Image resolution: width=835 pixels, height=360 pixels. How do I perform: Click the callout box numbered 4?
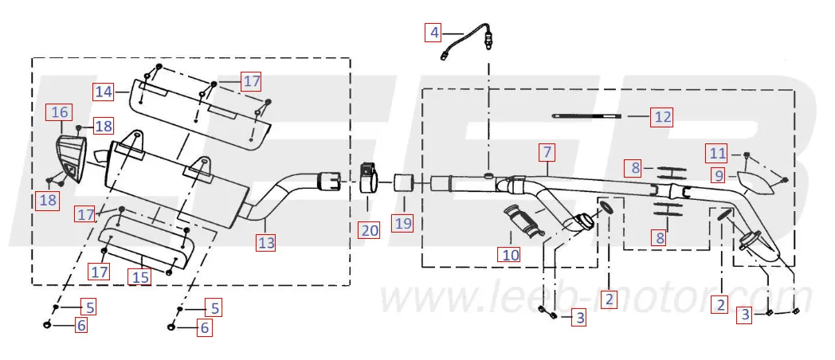(x=434, y=33)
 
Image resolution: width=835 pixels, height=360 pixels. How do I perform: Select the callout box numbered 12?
(x=661, y=116)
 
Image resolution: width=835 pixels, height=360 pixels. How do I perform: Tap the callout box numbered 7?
(x=547, y=153)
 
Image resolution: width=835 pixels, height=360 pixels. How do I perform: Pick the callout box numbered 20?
(x=370, y=230)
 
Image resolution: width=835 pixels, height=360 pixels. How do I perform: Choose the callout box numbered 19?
(x=404, y=223)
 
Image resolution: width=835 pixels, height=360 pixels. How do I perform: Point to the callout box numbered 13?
(x=266, y=243)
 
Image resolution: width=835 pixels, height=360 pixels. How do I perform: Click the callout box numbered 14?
(x=104, y=92)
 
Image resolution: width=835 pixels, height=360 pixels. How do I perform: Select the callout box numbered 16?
(x=61, y=112)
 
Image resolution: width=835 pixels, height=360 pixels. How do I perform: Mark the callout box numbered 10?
(x=510, y=255)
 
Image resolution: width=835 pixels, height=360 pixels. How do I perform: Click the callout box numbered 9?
(x=719, y=175)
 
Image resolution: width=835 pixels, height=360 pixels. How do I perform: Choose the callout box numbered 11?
(x=718, y=154)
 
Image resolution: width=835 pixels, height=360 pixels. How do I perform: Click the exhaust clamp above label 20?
(x=370, y=178)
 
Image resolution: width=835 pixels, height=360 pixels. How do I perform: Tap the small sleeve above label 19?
(x=404, y=183)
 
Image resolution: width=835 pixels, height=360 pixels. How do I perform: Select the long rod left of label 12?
(x=586, y=116)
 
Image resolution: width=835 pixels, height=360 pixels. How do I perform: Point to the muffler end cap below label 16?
(x=71, y=158)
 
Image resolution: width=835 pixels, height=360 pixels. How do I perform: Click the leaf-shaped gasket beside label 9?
(x=756, y=182)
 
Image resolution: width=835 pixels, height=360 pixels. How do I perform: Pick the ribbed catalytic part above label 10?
(x=524, y=221)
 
